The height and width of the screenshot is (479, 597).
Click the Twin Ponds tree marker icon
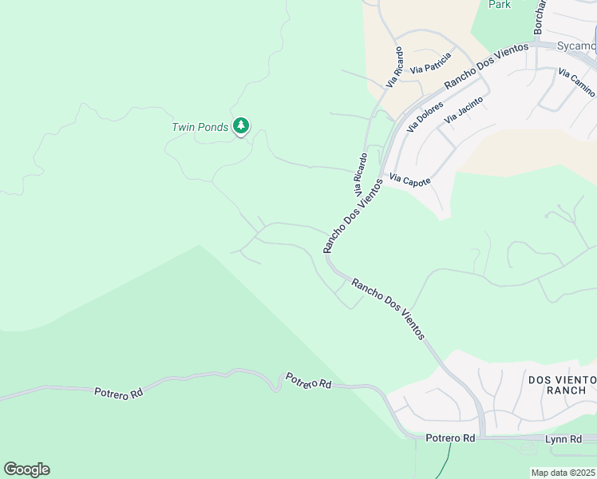tap(241, 126)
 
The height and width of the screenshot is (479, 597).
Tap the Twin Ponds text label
tap(200, 127)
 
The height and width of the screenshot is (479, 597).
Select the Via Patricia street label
tap(431, 63)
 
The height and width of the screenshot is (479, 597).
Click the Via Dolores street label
tap(425, 116)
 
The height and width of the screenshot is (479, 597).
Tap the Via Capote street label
tap(410, 180)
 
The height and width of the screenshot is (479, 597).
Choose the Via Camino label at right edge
tap(575, 84)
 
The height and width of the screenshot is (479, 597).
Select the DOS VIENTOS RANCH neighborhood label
tap(562, 385)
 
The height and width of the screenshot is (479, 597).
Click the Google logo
tap(26, 469)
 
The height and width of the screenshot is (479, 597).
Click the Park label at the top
tap(500, 5)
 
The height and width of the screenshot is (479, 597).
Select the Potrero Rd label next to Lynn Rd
tap(450, 438)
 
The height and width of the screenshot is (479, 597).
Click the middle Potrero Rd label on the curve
tap(308, 382)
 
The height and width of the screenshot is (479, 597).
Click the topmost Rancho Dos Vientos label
tap(486, 65)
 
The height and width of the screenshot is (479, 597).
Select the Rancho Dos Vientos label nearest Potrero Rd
tap(388, 308)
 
